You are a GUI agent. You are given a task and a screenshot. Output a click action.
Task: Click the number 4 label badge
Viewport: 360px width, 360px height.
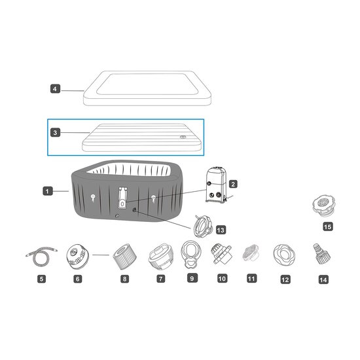[55, 89]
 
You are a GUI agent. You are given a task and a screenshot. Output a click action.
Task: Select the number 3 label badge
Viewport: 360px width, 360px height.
[55, 132]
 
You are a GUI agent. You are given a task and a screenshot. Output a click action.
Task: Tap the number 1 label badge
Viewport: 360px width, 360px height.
[48, 191]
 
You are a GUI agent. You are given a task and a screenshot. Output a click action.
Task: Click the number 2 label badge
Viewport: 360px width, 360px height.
[233, 184]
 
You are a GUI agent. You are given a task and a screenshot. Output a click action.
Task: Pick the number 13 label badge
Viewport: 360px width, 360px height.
[221, 230]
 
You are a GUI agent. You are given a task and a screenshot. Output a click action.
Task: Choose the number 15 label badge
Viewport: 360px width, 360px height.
[328, 226]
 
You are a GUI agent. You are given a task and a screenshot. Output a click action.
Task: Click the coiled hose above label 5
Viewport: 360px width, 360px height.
[41, 256]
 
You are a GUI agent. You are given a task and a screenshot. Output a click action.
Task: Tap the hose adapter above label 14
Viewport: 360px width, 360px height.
[321, 255]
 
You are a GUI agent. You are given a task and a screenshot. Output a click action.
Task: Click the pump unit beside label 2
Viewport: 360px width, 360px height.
[216, 185]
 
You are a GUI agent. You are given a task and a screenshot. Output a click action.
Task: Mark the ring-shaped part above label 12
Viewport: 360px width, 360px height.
[284, 255]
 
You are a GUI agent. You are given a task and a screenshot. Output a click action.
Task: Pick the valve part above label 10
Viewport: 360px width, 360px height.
[221, 254]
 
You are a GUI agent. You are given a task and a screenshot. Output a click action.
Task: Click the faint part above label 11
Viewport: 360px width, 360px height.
[251, 253]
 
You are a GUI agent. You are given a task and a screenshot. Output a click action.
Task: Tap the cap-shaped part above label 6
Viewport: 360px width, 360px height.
[77, 257]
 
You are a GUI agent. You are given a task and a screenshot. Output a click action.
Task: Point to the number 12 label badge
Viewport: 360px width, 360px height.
[285, 279]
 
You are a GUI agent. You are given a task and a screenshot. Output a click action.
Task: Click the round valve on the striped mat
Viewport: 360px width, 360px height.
[183, 137]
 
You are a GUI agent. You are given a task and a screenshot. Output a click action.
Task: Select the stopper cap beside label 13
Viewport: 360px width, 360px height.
[203, 226]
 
